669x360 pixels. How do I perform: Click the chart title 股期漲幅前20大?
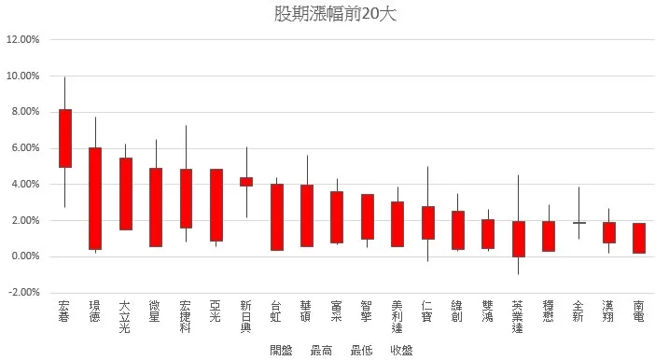(x=334, y=15)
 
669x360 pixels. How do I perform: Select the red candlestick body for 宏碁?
(x=65, y=138)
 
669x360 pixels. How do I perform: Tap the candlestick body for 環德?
(x=95, y=199)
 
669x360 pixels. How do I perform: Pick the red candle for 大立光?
(x=126, y=193)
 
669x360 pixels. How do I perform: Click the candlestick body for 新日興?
(x=246, y=181)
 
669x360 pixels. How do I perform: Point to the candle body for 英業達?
(x=519, y=239)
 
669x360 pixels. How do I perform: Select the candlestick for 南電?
(x=639, y=238)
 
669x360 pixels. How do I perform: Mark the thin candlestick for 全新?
(x=579, y=223)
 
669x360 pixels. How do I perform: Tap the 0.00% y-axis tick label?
(x=24, y=256)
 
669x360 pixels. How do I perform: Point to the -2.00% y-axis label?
(x=23, y=293)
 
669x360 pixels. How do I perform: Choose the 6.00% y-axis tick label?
(x=24, y=148)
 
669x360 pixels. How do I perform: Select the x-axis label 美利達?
(x=397, y=316)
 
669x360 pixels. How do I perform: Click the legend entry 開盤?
(x=281, y=350)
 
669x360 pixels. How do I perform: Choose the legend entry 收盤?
(x=402, y=350)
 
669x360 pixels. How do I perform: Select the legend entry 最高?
(x=322, y=350)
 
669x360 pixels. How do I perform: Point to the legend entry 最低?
(x=362, y=350)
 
